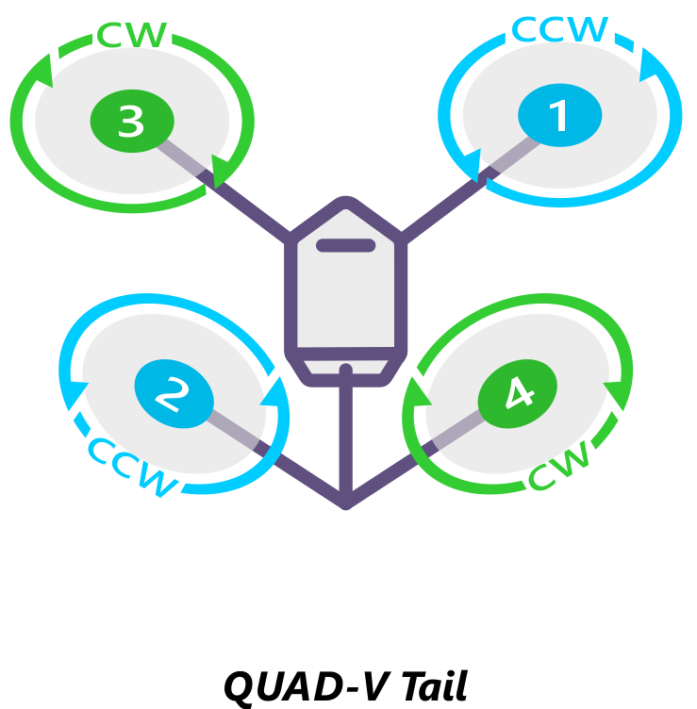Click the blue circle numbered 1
pyautogui.click(x=559, y=117)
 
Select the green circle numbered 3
pyautogui.click(x=132, y=121)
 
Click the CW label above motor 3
pyautogui.click(x=132, y=36)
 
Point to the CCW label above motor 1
pyautogui.click(x=560, y=29)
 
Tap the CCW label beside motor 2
pyautogui.click(x=132, y=466)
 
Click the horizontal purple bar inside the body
pyautogui.click(x=345, y=247)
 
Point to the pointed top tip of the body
pyautogui.click(x=347, y=203)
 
